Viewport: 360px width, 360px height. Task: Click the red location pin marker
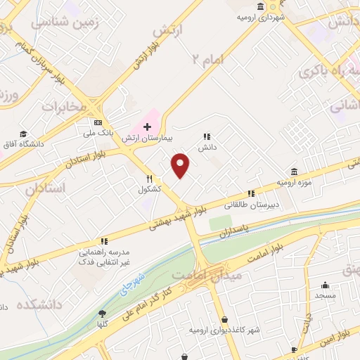(x=181, y=165)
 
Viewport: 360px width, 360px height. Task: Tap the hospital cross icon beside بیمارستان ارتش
(x=146, y=127)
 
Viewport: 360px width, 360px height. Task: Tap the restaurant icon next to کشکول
(x=150, y=179)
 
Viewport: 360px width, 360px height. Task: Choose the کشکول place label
(x=150, y=189)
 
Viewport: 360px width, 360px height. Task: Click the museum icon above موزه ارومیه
(x=293, y=172)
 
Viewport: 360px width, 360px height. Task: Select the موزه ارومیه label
(x=293, y=182)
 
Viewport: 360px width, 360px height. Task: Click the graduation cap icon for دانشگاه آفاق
(x=24, y=134)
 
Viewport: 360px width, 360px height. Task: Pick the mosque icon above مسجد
(x=325, y=285)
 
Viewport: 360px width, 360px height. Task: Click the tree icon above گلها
(x=103, y=314)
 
